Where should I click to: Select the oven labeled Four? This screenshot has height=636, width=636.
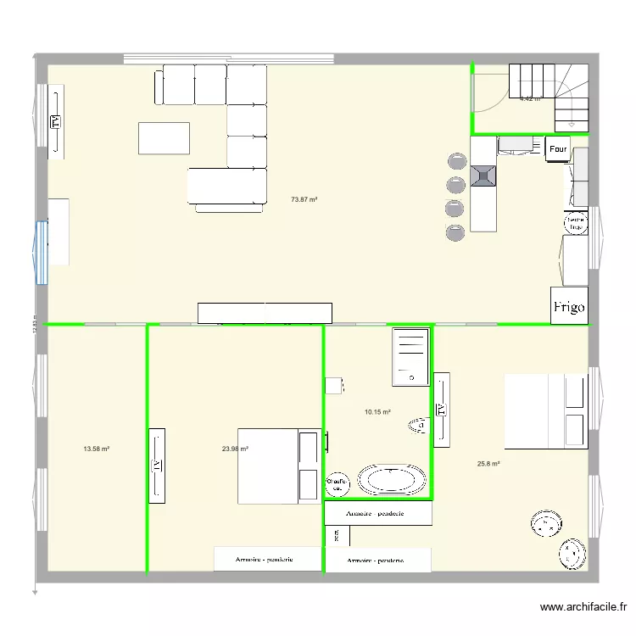[558, 149]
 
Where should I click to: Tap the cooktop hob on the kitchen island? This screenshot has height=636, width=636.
[483, 176]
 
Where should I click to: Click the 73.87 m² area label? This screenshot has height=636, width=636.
[304, 200]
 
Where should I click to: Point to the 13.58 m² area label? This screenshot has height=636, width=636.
[96, 449]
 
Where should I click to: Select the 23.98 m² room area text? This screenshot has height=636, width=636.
[235, 449]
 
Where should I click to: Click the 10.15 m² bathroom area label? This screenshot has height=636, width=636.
[377, 412]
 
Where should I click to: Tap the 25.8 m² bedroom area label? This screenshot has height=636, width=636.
[488, 464]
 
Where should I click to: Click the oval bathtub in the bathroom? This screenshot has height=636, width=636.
[392, 480]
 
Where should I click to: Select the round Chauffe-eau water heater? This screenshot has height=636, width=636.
[338, 484]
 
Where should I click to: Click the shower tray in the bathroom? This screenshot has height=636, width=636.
[410, 356]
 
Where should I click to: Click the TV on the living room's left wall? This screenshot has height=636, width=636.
[56, 122]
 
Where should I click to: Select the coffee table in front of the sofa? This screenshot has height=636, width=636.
[165, 138]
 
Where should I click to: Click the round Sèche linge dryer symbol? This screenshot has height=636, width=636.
[575, 223]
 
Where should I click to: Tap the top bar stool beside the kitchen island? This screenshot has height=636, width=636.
[455, 161]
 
